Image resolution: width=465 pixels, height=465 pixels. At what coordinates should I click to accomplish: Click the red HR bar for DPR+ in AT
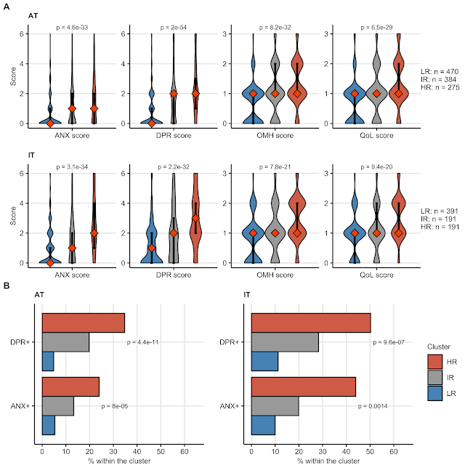coord(83,323)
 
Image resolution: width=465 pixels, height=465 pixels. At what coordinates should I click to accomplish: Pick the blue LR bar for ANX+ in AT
coord(48,424)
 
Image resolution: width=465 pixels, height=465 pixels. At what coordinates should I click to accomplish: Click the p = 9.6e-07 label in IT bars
coord(392,341)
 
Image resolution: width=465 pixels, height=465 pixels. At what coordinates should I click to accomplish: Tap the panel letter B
coord(7,286)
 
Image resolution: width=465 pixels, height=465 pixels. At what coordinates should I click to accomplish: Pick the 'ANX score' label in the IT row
coord(71,274)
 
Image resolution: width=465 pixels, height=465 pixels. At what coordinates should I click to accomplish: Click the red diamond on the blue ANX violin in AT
coord(49,123)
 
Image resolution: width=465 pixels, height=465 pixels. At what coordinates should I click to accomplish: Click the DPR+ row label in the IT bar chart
coord(230,341)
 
